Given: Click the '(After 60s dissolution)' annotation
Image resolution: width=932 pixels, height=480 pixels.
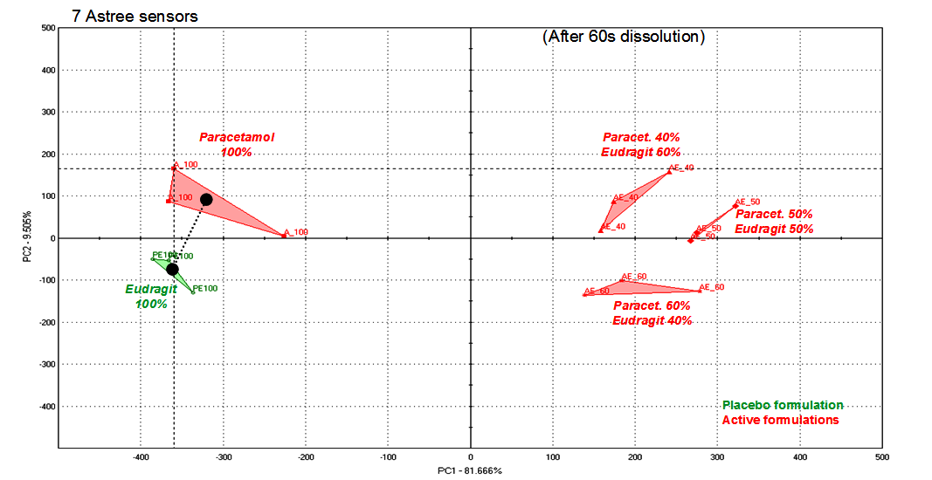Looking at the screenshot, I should coord(623,37).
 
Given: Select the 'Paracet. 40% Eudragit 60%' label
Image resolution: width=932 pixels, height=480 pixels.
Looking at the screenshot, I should coord(641,145).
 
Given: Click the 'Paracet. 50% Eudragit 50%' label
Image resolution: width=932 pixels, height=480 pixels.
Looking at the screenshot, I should coord(774,222).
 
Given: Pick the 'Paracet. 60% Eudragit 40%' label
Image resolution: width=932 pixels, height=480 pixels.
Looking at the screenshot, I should coord(652,313).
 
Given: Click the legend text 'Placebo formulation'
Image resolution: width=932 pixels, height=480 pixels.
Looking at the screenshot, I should coord(783,406).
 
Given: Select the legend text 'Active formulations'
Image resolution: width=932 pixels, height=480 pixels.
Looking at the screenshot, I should coord(780,420).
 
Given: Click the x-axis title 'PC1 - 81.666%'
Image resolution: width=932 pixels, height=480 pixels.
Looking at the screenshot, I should coord(470,471).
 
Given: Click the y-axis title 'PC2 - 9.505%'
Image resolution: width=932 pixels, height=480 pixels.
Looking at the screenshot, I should coord(29,237).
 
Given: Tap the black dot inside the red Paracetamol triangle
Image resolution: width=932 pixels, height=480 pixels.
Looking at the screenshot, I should coord(206,200).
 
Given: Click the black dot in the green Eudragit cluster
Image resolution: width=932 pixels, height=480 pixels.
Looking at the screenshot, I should coord(173,270).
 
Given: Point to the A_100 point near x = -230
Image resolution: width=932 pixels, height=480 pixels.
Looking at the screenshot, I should coord(284,235).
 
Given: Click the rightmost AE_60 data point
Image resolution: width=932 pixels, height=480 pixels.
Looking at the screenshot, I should coord(700,291).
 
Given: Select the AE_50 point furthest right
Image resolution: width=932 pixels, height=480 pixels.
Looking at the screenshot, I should coord(735,206).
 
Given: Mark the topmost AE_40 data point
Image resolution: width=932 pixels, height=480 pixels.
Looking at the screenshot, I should coord(669,172).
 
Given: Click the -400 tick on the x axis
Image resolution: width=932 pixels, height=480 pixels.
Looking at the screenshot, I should coord(141,456).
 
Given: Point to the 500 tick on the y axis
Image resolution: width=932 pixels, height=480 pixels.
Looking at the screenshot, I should coord(49,29).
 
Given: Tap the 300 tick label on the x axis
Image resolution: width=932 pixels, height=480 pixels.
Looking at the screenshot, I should coord(717,456).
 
